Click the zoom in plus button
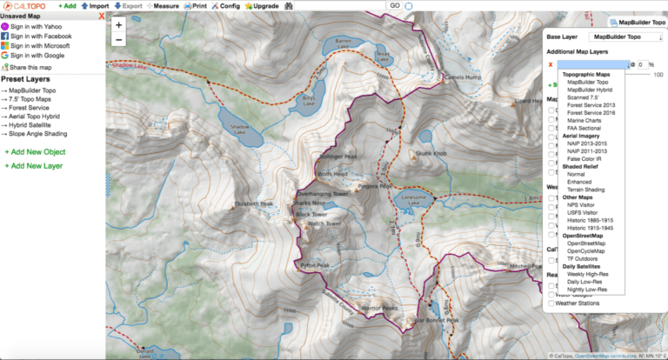point(118,25)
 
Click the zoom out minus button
point(118,39)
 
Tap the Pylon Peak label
point(314,265)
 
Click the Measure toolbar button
point(162,5)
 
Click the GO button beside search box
point(394,5)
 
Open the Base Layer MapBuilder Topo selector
point(624,37)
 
